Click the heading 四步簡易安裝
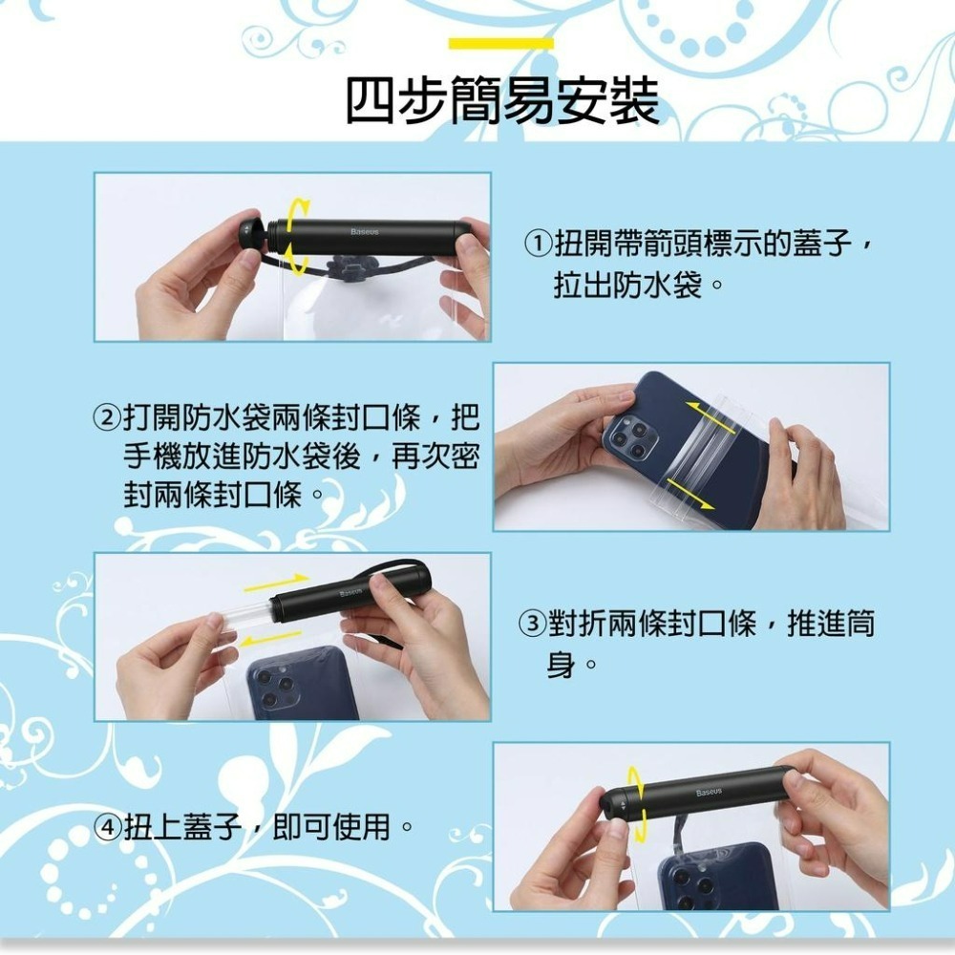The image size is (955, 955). pos(501,100)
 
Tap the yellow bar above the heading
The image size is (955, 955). pos(500,44)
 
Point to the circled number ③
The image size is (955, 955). pos(531,626)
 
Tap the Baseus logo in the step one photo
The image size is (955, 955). pos(364,232)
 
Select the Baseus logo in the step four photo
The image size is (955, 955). pos(709,793)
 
